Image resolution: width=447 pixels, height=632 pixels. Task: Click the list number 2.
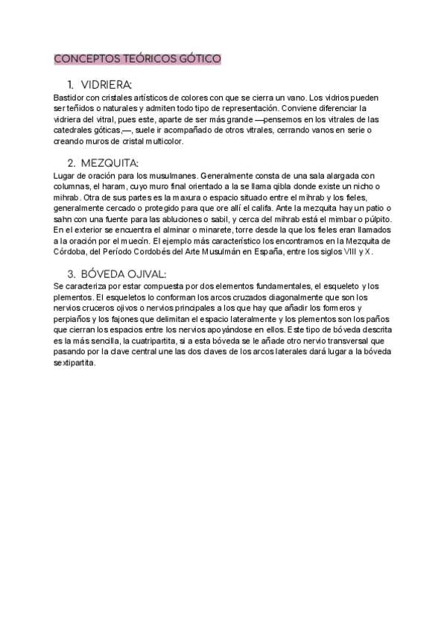point(71,162)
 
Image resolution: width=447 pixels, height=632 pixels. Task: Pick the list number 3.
point(71,273)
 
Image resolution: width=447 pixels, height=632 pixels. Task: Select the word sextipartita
point(76,361)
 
